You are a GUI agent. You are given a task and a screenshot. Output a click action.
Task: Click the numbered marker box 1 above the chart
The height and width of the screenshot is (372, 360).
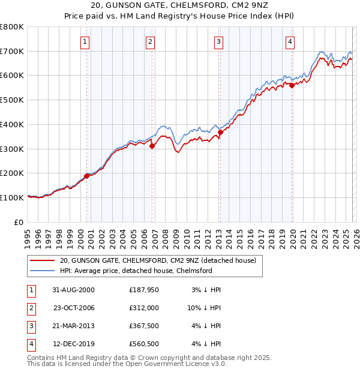click(x=85, y=42)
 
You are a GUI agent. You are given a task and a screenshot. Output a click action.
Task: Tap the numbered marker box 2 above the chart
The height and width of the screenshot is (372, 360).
click(x=150, y=42)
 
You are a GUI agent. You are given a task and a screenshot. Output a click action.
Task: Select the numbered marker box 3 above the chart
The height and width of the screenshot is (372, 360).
click(x=218, y=42)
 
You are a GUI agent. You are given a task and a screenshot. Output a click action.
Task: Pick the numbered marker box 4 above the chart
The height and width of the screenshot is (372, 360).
click(x=290, y=42)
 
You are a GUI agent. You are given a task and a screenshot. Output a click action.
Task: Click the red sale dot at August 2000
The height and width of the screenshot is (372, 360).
click(x=87, y=176)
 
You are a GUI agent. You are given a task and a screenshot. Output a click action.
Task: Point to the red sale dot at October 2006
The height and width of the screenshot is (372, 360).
click(x=152, y=146)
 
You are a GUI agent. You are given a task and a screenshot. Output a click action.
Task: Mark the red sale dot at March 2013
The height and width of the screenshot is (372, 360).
click(x=220, y=132)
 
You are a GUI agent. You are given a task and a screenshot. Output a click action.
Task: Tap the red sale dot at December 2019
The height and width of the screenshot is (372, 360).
click(x=292, y=85)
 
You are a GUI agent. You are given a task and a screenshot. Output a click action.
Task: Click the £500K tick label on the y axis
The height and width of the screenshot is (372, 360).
click(x=12, y=100)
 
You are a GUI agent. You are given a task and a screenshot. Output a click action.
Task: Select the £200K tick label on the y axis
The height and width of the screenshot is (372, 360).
click(x=12, y=173)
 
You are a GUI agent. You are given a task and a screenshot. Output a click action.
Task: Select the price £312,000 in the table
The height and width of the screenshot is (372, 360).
click(x=144, y=308)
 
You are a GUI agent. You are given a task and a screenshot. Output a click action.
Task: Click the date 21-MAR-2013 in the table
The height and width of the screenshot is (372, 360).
click(x=73, y=326)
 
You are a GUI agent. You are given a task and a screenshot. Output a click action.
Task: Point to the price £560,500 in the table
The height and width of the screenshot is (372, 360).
click(x=144, y=344)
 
